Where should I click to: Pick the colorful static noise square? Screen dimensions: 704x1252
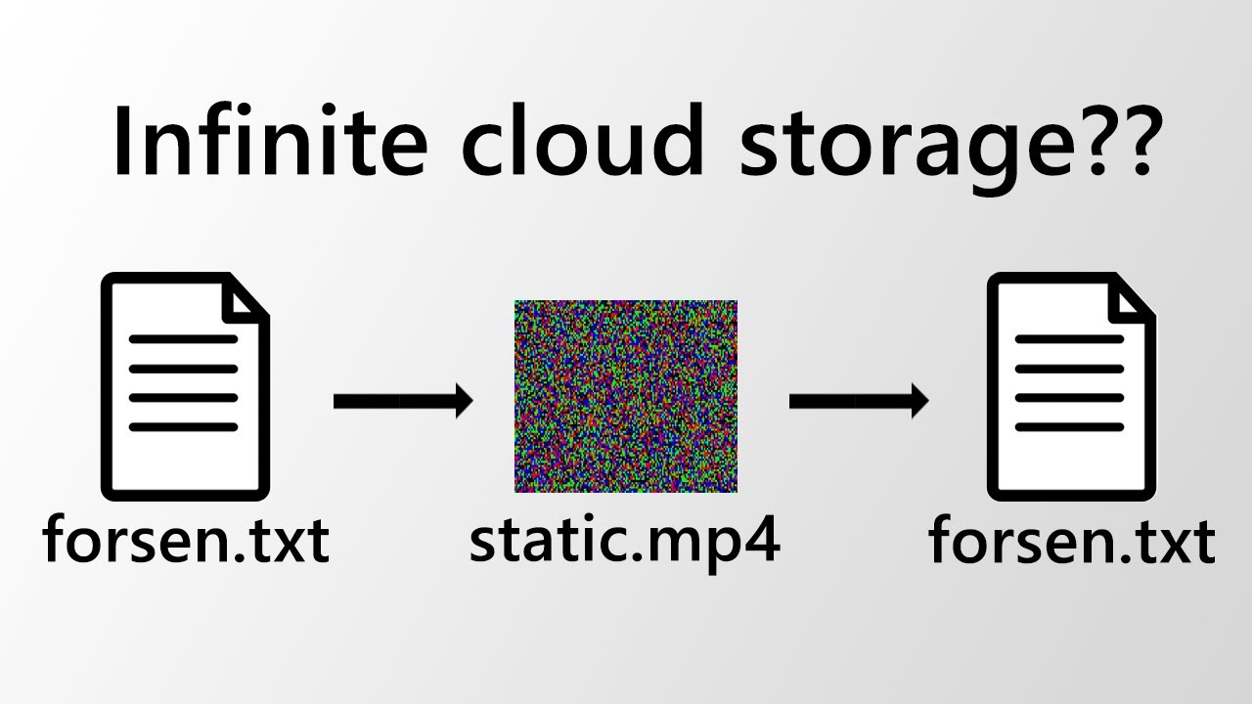(626, 396)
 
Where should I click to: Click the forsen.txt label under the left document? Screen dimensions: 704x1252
(186, 540)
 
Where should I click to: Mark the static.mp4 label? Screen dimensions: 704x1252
(624, 540)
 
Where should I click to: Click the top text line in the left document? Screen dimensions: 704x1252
(184, 340)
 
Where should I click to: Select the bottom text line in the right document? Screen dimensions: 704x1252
(1070, 427)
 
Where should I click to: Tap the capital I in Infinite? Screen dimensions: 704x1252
(124, 141)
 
